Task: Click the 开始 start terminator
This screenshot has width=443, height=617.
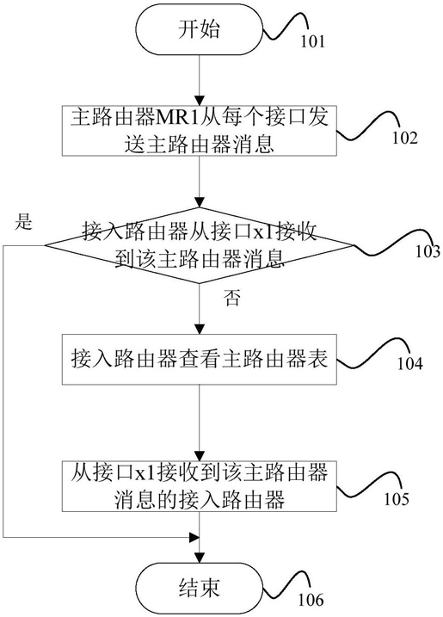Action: [199, 29]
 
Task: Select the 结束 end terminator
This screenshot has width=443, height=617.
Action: [199, 588]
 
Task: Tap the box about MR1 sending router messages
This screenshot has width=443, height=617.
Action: [200, 130]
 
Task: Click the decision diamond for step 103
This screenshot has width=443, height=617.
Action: [200, 245]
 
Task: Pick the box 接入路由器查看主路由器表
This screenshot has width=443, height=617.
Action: [200, 359]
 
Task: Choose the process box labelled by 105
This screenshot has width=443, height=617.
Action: [200, 486]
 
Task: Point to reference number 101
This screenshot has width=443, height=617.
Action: [313, 41]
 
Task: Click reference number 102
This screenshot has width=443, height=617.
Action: [404, 138]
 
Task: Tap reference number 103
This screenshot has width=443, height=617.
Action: [428, 251]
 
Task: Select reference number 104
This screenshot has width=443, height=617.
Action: [410, 364]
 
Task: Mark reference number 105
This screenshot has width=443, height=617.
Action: [397, 499]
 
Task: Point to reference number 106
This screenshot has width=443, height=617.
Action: [311, 600]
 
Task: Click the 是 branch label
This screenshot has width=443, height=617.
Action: [23, 222]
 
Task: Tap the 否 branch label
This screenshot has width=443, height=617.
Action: [231, 299]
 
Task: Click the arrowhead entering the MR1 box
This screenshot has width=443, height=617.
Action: [200, 100]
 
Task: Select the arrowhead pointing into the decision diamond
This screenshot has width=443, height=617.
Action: [200, 202]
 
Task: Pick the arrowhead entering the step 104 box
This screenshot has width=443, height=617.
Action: [200, 330]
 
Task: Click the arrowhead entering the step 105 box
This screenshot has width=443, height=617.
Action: [200, 456]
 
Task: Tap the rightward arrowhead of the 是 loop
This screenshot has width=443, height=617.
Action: [194, 537]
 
